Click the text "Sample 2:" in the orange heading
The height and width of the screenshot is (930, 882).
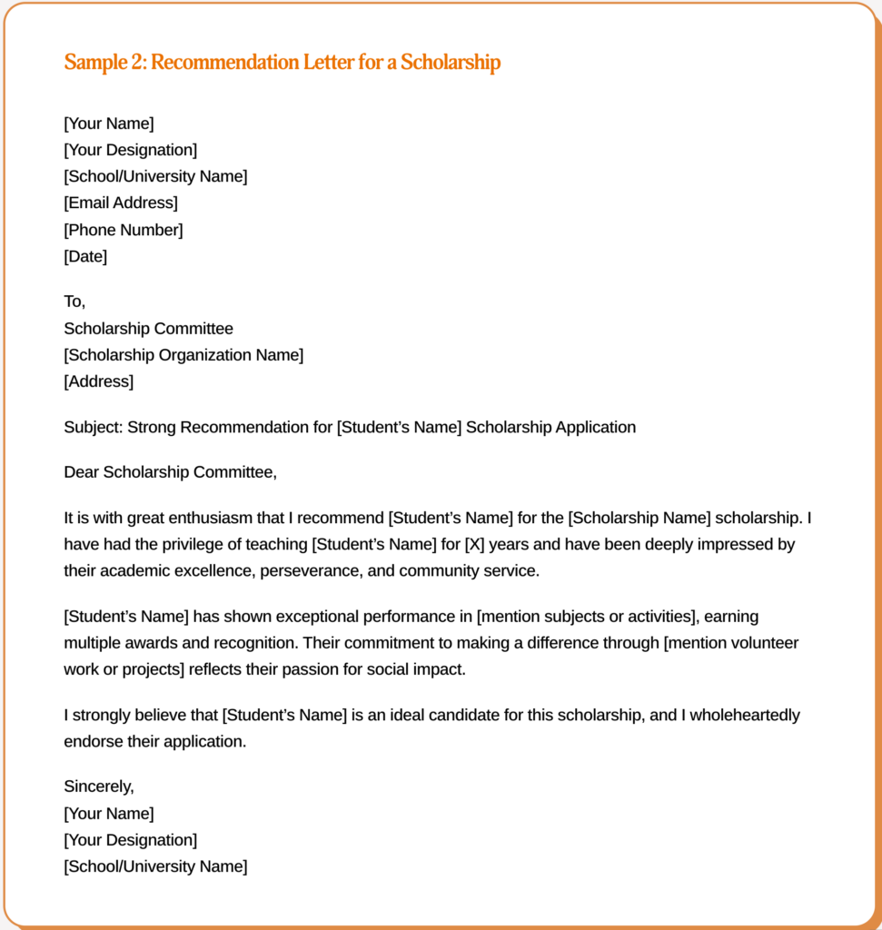[104, 63]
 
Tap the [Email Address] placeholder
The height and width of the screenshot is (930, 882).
[121, 203]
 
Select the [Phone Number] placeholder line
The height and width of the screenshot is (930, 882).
[124, 230]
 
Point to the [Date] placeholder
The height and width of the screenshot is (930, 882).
[85, 256]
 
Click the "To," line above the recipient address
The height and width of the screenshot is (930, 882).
[74, 302]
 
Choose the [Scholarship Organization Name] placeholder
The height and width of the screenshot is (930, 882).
[183, 355]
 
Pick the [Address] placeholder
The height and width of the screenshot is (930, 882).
[98, 381]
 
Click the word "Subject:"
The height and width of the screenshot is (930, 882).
[93, 427]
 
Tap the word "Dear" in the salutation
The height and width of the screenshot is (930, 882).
[81, 472]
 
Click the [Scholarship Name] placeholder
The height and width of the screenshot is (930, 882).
[639, 519]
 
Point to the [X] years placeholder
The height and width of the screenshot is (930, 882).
[472, 545]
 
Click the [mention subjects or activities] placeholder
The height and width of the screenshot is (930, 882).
[587, 617]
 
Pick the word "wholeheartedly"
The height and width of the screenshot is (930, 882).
[745, 715]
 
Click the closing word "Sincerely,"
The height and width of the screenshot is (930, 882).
[99, 787]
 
